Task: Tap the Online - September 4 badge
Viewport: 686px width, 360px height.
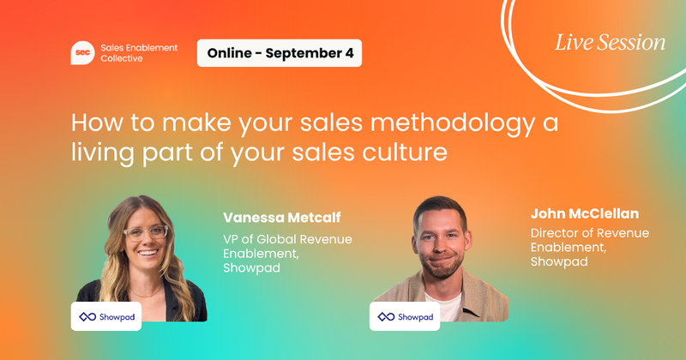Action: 280,53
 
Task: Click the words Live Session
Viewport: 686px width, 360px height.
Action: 610,41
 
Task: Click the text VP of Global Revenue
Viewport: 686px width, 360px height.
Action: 287,239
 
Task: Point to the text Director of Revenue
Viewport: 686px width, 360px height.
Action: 590,233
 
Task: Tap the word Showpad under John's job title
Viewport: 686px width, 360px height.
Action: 559,261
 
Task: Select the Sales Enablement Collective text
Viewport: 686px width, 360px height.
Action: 137,53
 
